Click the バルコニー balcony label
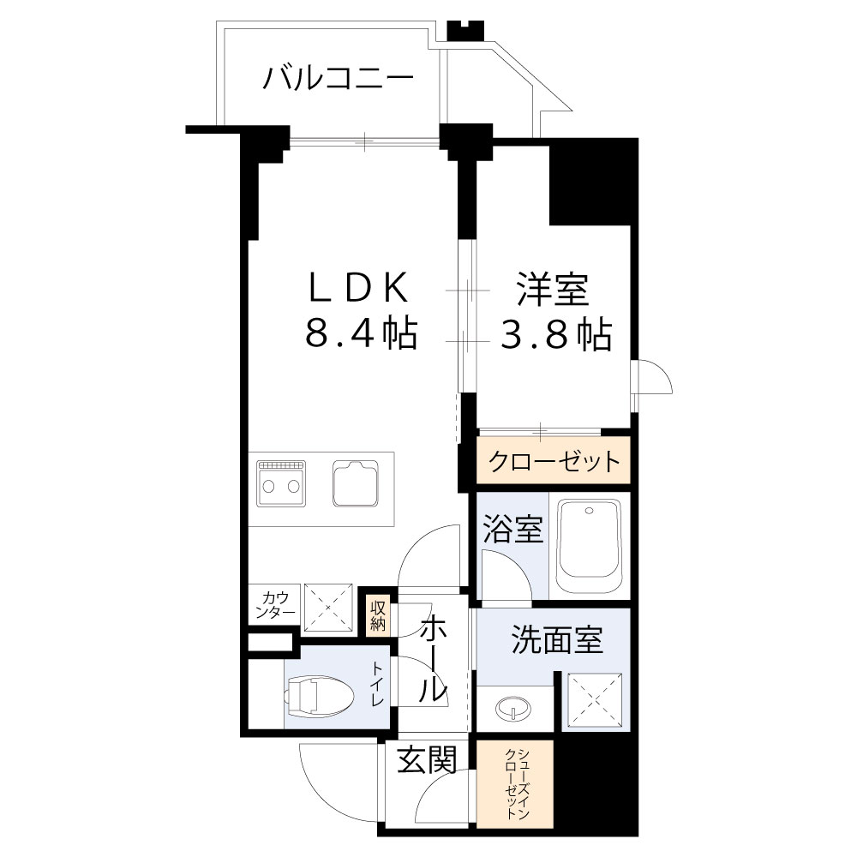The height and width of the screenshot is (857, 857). pyautogui.click(x=338, y=79)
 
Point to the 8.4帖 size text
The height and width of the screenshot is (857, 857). pyautogui.click(x=361, y=333)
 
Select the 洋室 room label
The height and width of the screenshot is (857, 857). pyautogui.click(x=552, y=289)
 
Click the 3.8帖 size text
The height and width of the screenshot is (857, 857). pyautogui.click(x=556, y=333)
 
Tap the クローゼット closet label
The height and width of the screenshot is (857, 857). pyautogui.click(x=554, y=462)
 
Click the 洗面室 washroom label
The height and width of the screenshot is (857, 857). pyautogui.click(x=557, y=640)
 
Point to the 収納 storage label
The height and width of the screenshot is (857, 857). pyautogui.click(x=378, y=615)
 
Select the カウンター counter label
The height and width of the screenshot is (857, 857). pyautogui.click(x=275, y=605)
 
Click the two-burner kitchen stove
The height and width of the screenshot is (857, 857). pyautogui.click(x=279, y=486)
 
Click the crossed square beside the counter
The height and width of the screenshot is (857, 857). pyautogui.click(x=329, y=608)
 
